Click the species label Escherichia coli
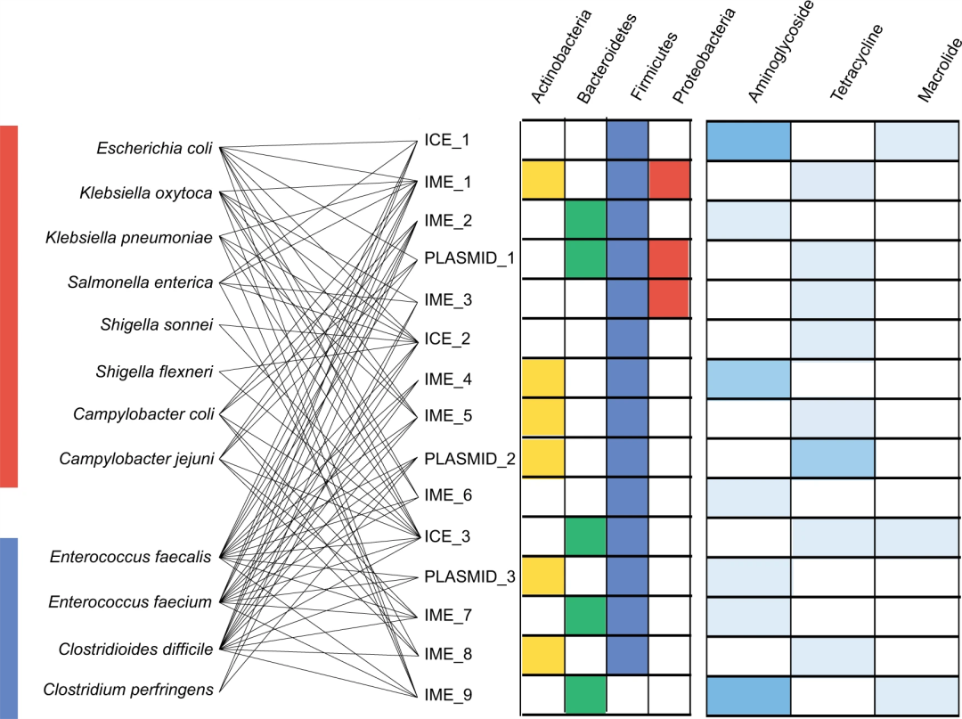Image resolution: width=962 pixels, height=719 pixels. (155, 149)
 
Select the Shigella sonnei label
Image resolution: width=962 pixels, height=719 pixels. (157, 325)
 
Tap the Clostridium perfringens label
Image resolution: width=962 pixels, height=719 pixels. (128, 690)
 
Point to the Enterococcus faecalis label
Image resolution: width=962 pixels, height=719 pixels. (130, 557)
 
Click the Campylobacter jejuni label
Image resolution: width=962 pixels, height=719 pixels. (136, 459)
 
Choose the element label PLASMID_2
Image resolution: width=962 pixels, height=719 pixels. (470, 460)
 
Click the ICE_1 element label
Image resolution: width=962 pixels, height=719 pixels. (446, 141)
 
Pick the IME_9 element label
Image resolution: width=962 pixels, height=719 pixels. (448, 695)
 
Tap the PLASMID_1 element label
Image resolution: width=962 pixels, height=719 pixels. (470, 258)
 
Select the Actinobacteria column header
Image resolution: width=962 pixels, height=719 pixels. (561, 56)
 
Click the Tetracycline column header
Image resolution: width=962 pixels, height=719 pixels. (857, 62)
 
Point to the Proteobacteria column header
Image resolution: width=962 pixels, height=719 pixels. (703, 56)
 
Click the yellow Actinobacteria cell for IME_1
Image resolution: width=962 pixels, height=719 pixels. (543, 180)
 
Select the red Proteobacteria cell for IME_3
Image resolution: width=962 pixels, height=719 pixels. (669, 298)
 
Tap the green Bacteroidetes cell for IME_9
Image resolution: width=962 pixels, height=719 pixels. (585, 694)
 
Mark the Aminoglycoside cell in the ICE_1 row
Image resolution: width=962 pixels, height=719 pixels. (748, 141)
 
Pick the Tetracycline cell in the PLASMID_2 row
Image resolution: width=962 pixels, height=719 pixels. (833, 458)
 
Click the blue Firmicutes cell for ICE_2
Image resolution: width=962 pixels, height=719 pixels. (627, 339)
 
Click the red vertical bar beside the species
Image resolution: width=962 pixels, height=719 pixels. (9, 306)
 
